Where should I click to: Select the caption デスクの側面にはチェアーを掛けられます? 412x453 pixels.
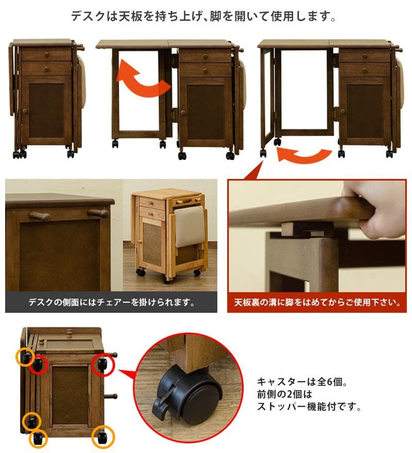coord(111,302)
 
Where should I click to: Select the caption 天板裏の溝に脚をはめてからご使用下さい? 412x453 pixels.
coord(317,302)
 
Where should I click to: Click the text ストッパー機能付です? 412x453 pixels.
coord(309,408)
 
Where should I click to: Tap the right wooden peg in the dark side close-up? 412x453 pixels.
coord(98,213)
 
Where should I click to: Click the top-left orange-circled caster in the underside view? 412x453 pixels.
coord(26,356)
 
